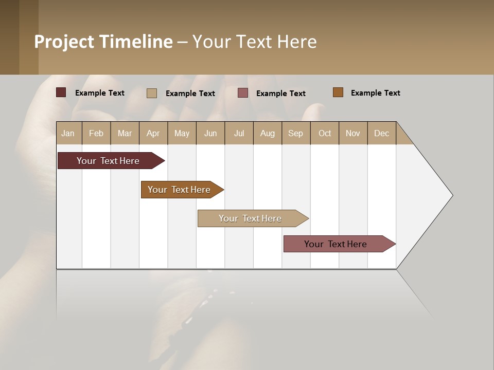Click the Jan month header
click(x=68, y=133)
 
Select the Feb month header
click(x=96, y=133)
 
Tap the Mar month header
click(x=125, y=133)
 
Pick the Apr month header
click(x=153, y=133)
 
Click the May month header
click(x=182, y=133)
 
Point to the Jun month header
click(x=210, y=133)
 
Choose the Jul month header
click(x=239, y=133)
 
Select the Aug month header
click(x=268, y=133)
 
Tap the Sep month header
click(x=296, y=133)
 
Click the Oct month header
click(x=325, y=133)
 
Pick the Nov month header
click(x=353, y=133)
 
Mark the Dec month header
click(x=382, y=133)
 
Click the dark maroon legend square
click(x=61, y=92)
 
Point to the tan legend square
click(x=152, y=93)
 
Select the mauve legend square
click(x=243, y=93)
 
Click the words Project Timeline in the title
click(x=103, y=42)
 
